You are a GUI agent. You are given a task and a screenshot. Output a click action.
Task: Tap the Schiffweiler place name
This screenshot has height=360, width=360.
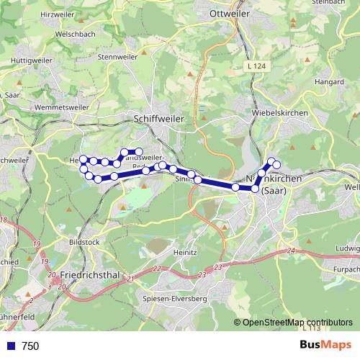(159, 119)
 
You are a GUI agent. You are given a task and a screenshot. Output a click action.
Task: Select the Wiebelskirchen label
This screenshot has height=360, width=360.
(280, 114)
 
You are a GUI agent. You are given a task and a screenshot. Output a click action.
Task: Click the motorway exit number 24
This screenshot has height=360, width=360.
(290, 250)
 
